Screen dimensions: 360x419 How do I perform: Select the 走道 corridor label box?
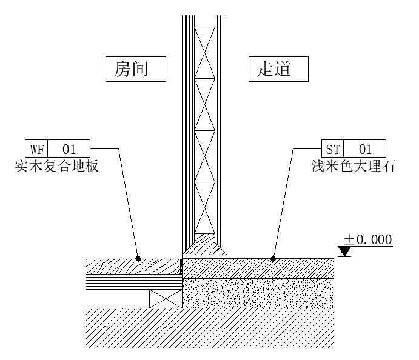[x=278, y=69]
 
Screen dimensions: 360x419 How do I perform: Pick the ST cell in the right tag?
[x=332, y=148]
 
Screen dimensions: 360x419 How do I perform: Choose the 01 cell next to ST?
[x=364, y=148]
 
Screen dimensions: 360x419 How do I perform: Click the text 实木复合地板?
[x=56, y=166]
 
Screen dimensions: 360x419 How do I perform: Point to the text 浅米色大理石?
[x=352, y=166]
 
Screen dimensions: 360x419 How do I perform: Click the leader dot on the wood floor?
[x=138, y=259]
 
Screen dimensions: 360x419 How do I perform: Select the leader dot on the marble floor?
[x=273, y=259]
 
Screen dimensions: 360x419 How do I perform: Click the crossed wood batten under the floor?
[x=166, y=298]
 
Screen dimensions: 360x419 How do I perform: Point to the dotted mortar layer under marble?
[x=258, y=293]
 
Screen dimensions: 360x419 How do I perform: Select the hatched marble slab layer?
[x=258, y=268]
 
